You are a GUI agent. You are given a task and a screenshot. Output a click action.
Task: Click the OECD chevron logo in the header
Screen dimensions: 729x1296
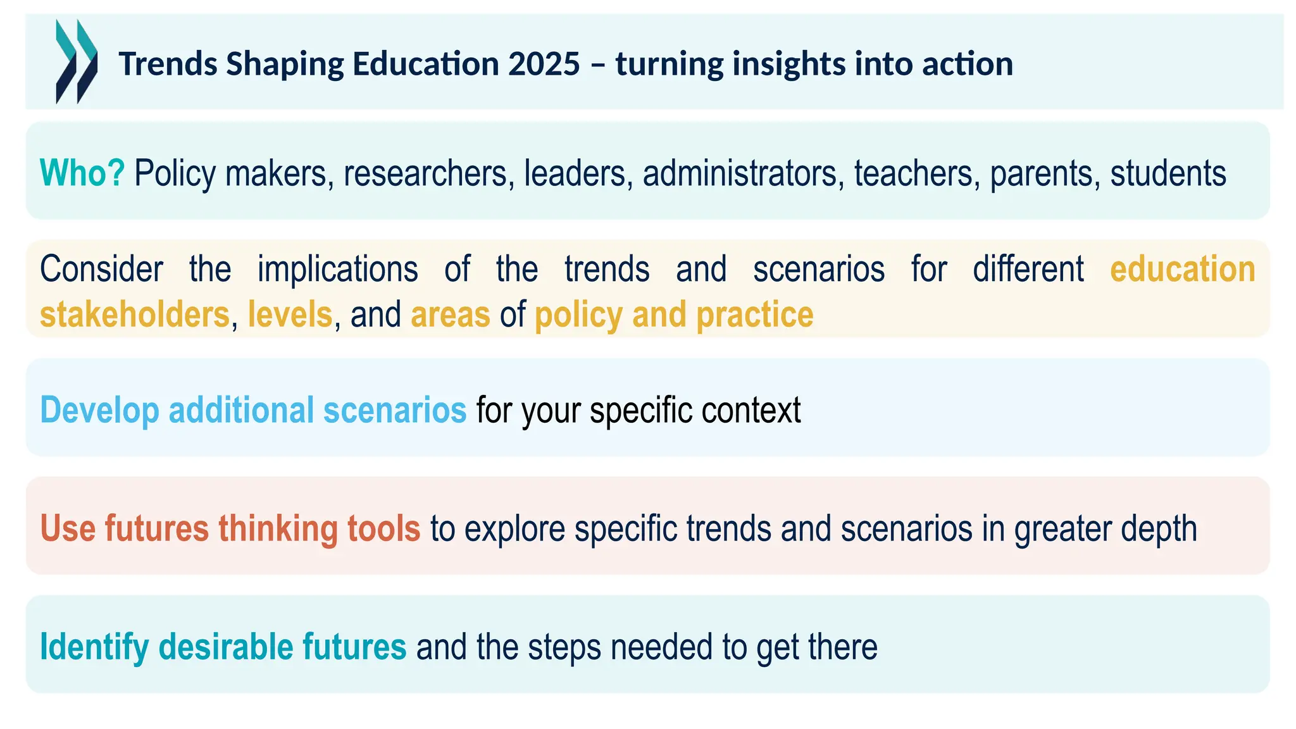77,61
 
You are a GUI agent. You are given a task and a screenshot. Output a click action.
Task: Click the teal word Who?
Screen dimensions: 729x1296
82,173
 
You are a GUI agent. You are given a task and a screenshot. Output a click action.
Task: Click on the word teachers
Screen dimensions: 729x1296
913,173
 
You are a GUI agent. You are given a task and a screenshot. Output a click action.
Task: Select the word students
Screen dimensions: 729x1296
1168,173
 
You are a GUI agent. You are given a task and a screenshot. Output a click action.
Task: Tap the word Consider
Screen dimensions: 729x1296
101,269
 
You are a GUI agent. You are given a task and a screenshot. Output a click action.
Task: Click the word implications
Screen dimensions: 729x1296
337,269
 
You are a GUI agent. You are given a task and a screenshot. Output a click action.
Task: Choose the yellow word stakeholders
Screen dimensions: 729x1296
134,315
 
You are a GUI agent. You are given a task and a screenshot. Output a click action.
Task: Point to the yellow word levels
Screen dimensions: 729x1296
290,315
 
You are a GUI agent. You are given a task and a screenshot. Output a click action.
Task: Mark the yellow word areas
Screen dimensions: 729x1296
450,315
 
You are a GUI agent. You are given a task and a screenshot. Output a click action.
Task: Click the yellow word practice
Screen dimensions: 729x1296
754,315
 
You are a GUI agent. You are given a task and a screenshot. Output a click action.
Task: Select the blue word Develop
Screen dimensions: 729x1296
99,410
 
